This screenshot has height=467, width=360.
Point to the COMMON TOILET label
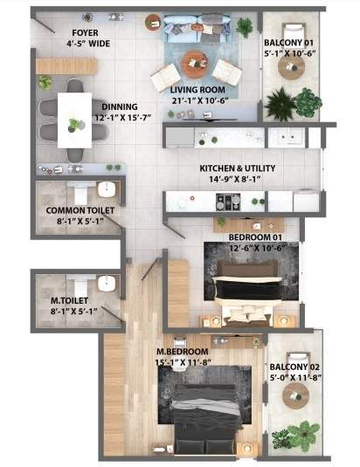(x=80, y=210)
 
